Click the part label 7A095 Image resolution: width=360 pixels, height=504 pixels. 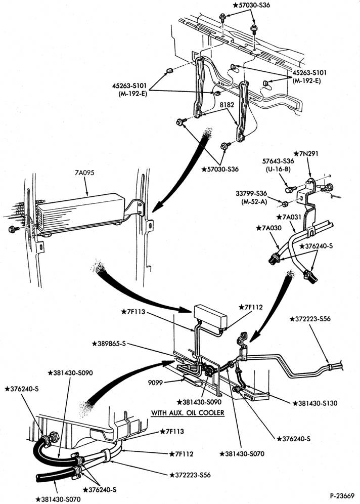click(84, 173)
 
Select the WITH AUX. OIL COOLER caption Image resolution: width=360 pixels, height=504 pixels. click(188, 413)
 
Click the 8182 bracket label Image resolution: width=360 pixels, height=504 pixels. click(227, 105)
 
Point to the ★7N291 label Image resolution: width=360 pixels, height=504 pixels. click(306, 154)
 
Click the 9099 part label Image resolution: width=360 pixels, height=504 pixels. click(155, 383)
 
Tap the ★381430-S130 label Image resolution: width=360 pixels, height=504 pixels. click(314, 403)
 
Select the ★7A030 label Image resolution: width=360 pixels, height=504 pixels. click(269, 228)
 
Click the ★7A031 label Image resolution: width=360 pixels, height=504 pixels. click(289, 217)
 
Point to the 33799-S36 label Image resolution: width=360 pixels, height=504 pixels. click(251, 193)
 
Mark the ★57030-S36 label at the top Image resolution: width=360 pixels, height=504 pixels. click(251, 5)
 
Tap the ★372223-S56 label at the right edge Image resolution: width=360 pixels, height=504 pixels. click(310, 319)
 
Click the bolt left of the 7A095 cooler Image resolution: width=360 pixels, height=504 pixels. click(13, 229)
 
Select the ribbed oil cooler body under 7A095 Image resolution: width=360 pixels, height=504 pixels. click(80, 213)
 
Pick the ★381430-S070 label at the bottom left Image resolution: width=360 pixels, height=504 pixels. click(58, 499)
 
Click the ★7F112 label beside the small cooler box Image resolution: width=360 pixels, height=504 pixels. click(250, 307)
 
